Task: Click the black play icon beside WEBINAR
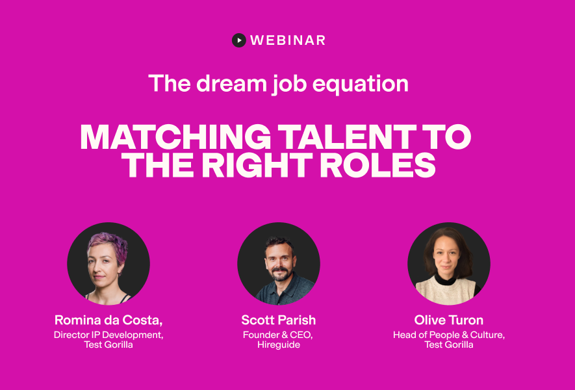coord(238,40)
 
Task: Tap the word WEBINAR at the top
coord(288,40)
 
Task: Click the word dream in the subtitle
coord(231,84)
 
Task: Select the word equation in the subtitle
coord(360,84)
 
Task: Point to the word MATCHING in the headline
coord(175,137)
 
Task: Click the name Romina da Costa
coord(108,320)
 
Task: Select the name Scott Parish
coord(278,320)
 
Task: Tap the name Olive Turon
coord(448,320)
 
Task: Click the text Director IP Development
coord(108,335)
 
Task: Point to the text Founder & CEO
coord(277,335)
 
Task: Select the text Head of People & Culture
coord(448,335)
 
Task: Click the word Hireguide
coord(279,345)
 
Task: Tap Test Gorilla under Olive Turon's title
coord(449,345)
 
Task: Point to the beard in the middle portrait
coord(280,274)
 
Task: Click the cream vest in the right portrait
coord(446,292)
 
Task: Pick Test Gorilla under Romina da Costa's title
coord(109,345)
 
